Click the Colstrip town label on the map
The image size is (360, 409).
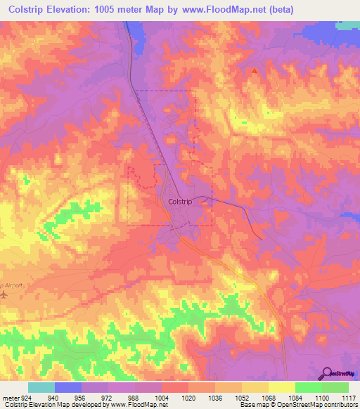(181, 201)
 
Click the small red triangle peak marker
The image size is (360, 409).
(255, 71)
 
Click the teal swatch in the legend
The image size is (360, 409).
(41, 387)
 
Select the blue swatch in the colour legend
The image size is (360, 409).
(68, 387)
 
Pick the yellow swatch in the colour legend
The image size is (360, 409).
(281, 387)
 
